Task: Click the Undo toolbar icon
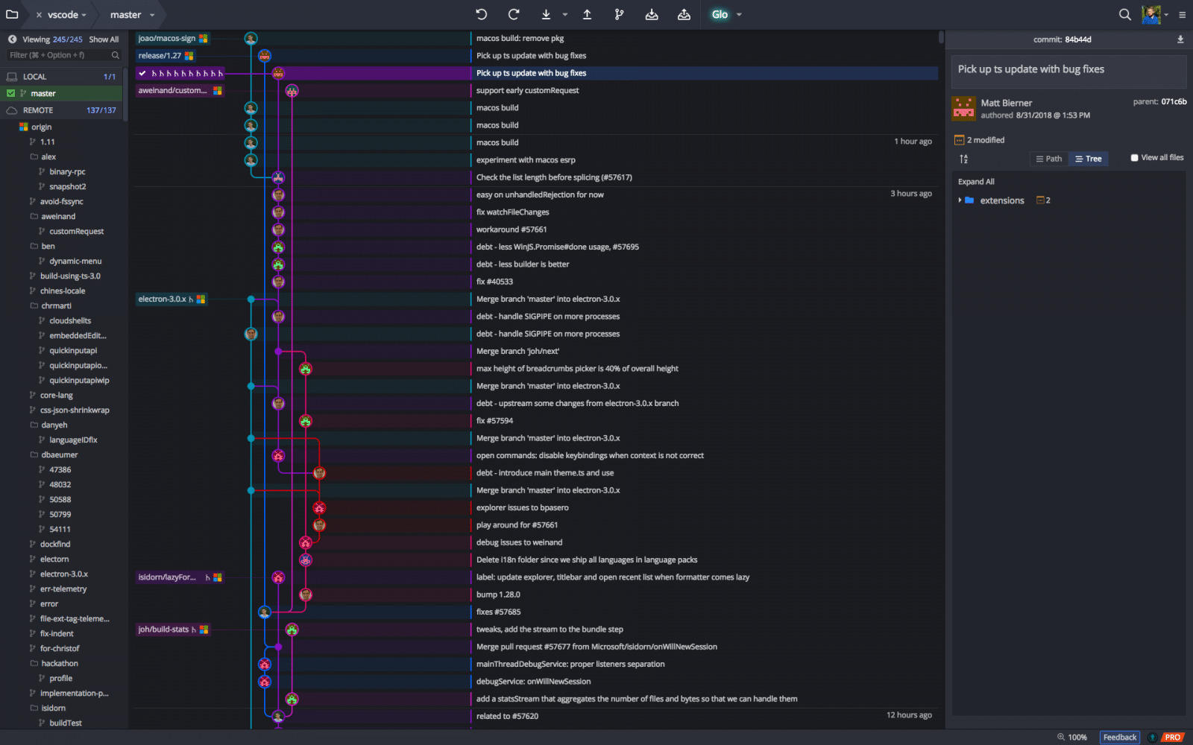pyautogui.click(x=482, y=14)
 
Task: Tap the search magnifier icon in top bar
pyautogui.click(x=1124, y=14)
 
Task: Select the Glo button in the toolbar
pyautogui.click(x=720, y=14)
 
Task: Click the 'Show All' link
pyautogui.click(x=104, y=39)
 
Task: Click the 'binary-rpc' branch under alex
pyautogui.click(x=67, y=171)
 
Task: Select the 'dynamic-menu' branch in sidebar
pyautogui.click(x=75, y=261)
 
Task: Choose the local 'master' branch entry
pyautogui.click(x=43, y=93)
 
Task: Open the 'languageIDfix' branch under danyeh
pyautogui.click(x=73, y=440)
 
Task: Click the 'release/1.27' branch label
pyautogui.click(x=160, y=55)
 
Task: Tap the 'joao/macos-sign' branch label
pyautogui.click(x=167, y=38)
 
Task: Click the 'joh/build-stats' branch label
pyautogui.click(x=163, y=629)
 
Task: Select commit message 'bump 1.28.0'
pyautogui.click(x=498, y=595)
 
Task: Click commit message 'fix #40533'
pyautogui.click(x=494, y=282)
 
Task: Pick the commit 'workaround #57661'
pyautogui.click(x=511, y=229)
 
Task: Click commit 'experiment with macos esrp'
pyautogui.click(x=526, y=159)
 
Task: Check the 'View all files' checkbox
pyautogui.click(x=1134, y=157)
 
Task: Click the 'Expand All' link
pyautogui.click(x=976, y=182)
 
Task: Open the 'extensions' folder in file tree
pyautogui.click(x=1002, y=200)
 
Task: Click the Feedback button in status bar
pyautogui.click(x=1119, y=737)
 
